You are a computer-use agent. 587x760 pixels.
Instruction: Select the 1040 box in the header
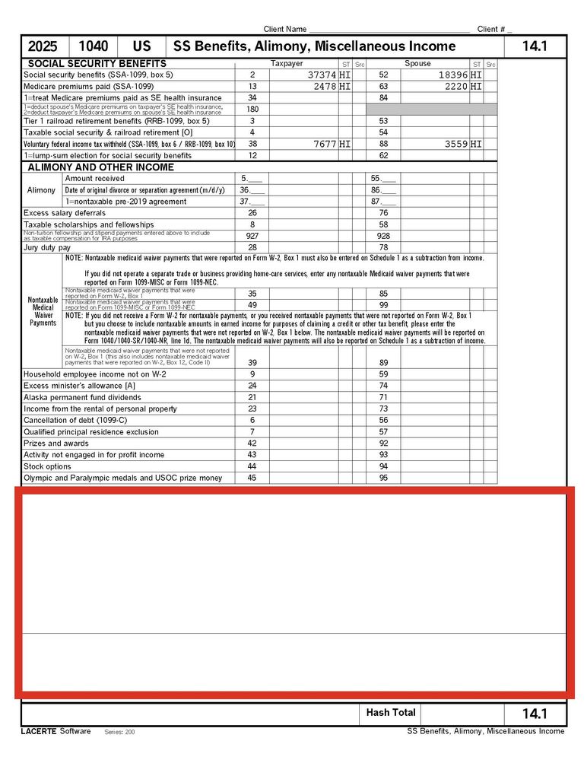tap(93, 46)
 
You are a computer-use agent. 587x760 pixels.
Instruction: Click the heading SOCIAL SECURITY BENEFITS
tap(97, 64)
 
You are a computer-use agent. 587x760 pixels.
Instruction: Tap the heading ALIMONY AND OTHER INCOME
tap(100, 167)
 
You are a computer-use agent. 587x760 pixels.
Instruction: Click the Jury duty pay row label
tap(47, 247)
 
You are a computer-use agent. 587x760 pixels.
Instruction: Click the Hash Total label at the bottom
tap(391, 713)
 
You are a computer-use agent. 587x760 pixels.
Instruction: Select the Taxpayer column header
tap(287, 64)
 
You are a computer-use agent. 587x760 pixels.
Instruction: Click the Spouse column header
tap(417, 64)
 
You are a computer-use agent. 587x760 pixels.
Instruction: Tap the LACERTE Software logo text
tap(56, 731)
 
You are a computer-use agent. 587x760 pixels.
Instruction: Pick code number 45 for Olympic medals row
tap(252, 478)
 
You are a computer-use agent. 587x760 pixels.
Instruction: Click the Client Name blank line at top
tap(389, 29)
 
